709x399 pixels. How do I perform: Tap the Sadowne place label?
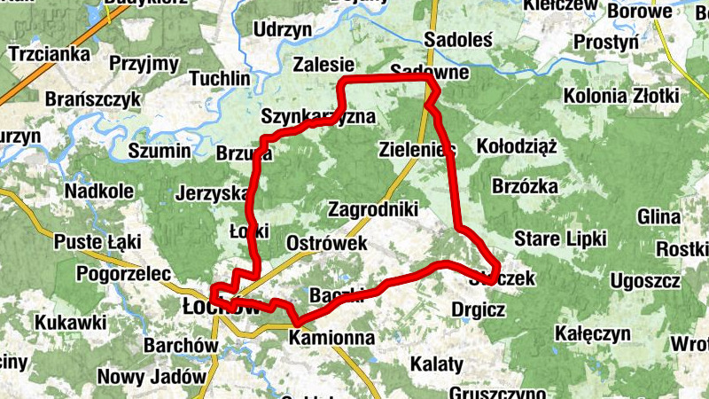pos(427,71)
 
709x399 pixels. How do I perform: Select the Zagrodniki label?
pos(372,210)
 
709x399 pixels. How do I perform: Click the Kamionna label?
pos(332,338)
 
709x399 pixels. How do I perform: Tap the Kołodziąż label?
pos(516,146)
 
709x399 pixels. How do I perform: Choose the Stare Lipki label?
pos(560,239)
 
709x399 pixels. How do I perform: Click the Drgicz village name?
pos(478,310)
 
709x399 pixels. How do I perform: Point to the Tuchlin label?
pos(220,79)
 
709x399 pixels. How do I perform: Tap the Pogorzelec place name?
pos(123,273)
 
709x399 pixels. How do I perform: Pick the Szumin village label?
pos(159,151)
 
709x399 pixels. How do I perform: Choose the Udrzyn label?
pos(283,30)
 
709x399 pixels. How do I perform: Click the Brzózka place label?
pos(524,186)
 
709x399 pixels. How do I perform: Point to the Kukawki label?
pos(71,322)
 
